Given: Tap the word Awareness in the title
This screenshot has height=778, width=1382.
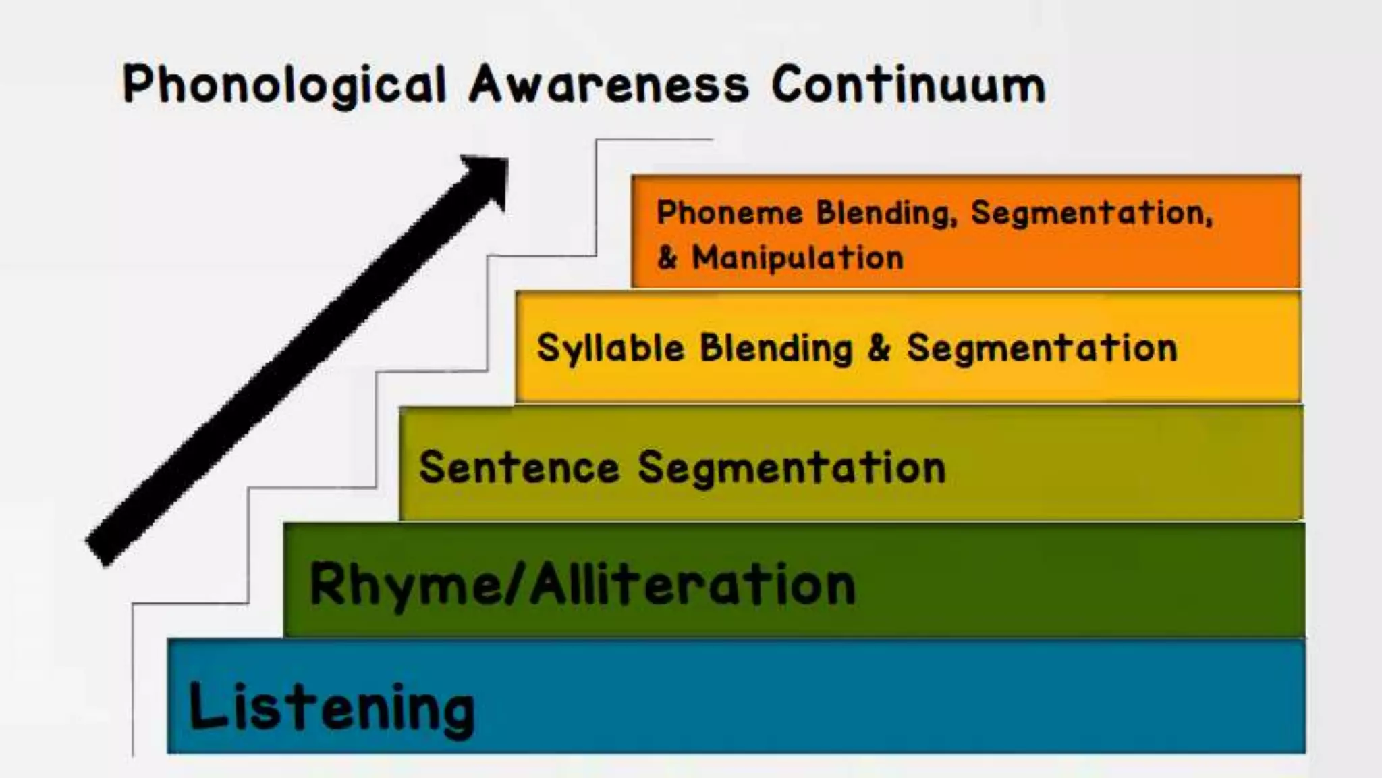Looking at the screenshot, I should [609, 85].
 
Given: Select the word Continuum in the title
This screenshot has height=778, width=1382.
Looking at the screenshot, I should [908, 85].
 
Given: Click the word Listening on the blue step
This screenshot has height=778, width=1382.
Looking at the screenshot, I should [331, 708].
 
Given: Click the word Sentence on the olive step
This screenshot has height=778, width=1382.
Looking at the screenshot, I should [519, 467].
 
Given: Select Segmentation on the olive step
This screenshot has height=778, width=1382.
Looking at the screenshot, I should [792, 467].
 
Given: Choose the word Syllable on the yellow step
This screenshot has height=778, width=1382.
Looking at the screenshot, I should [610, 349].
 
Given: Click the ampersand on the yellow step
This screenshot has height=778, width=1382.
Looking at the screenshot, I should [879, 348].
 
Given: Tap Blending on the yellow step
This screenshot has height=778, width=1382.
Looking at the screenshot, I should [776, 349].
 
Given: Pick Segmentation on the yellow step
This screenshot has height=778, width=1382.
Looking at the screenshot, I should [1041, 348].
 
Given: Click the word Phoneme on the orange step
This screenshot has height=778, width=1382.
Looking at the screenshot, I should [729, 213].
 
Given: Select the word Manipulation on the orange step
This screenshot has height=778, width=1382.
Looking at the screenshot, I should [798, 258].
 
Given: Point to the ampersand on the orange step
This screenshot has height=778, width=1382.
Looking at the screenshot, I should [667, 258].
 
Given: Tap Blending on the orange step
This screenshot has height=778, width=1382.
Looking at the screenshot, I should [885, 213].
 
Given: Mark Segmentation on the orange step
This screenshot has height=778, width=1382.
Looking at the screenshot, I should [1090, 213].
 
